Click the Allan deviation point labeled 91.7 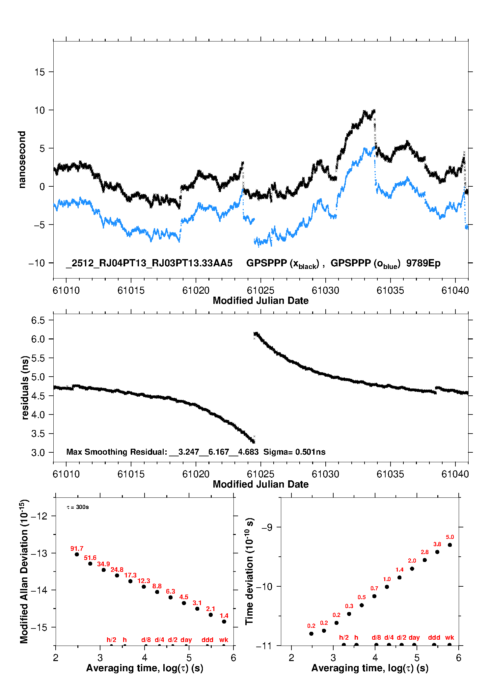[77, 554]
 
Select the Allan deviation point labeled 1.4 [224, 622]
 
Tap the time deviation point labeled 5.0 [450, 545]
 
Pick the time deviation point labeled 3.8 [437, 552]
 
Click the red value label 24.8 [117, 570]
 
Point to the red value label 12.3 [144, 581]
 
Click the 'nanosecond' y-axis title [22, 160]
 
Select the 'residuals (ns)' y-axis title [25, 387]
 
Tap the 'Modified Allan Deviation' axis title [24, 571]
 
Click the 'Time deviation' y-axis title [249, 571]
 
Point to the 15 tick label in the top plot [40, 72]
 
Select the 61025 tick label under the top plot [260, 290]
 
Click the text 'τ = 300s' [78, 507]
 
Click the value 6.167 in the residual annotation [219, 452]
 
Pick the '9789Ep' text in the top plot [423, 263]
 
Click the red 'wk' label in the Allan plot [224, 640]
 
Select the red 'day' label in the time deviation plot [414, 637]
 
